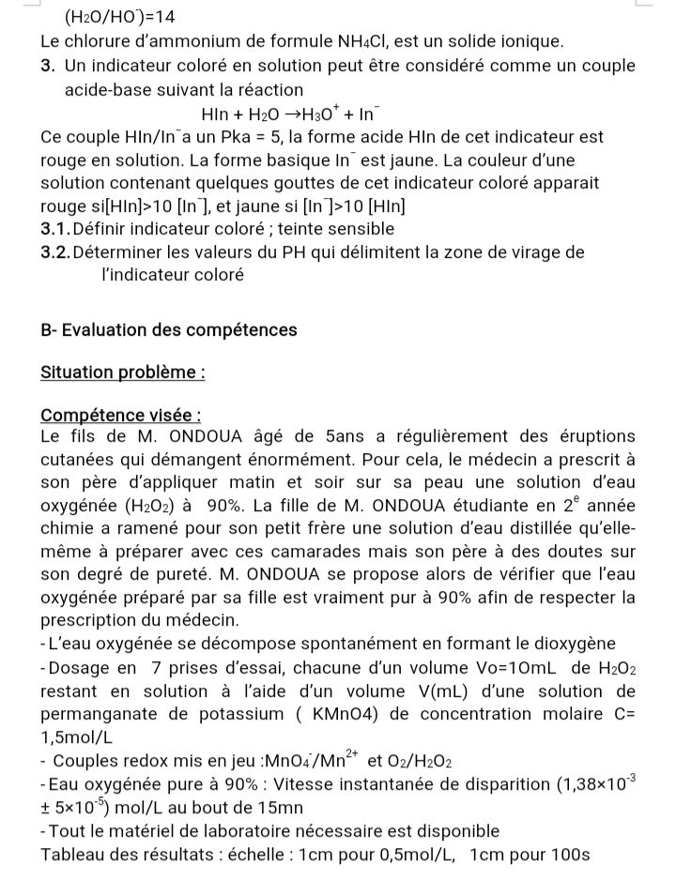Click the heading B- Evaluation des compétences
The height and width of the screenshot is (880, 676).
point(169,330)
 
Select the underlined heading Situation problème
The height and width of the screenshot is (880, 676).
point(123,372)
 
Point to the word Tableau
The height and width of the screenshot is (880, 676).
point(74,855)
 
